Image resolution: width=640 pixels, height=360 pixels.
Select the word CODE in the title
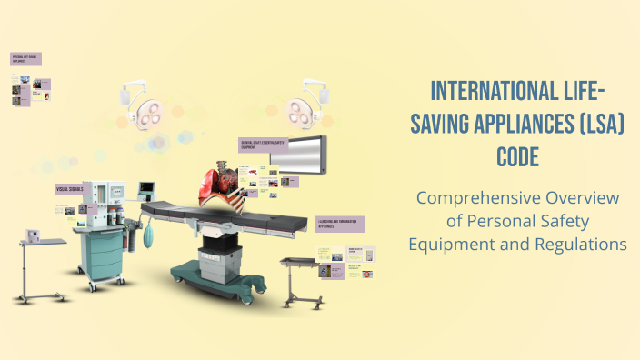[517, 157]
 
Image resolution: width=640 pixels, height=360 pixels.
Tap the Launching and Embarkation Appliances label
[339, 223]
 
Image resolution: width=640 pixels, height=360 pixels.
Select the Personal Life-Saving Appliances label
[26, 59]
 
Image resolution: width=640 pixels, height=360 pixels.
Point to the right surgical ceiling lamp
[305, 107]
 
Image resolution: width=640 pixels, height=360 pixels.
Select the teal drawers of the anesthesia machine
[99, 251]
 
